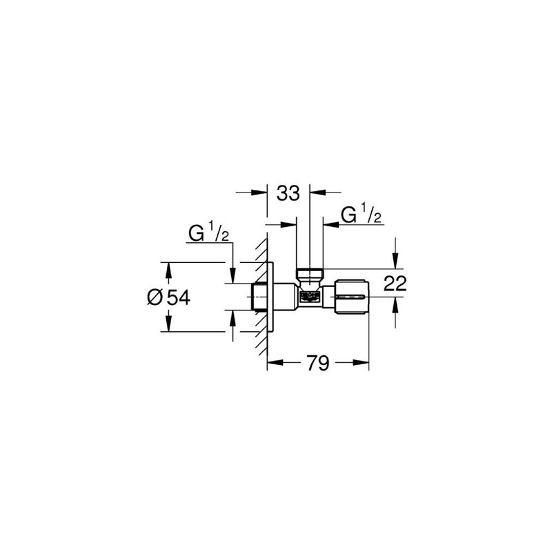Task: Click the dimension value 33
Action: click(288, 193)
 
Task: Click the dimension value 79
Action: click(317, 364)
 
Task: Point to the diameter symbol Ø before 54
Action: click(155, 297)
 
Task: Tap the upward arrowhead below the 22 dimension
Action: click(395, 305)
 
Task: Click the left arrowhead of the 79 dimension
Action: click(272, 364)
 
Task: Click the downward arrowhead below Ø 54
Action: click(166, 327)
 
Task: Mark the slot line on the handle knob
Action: click(353, 297)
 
